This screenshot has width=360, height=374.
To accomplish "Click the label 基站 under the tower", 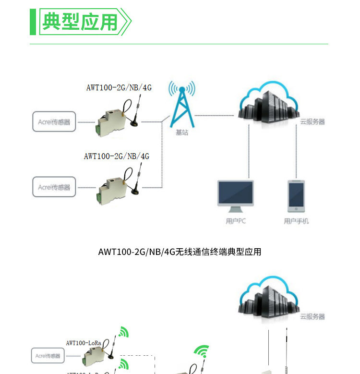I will (182, 132).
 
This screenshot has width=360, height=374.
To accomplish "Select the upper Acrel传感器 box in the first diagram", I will (54, 122).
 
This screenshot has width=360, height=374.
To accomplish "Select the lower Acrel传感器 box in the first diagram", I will (54, 187).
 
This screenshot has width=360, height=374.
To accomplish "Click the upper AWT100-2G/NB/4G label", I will (119, 87).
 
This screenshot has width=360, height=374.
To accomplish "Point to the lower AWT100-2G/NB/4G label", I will (116, 156).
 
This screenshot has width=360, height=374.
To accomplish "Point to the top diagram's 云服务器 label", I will (312, 122).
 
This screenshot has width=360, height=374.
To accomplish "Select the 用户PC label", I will (236, 221).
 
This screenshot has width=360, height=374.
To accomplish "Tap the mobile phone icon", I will (296, 196).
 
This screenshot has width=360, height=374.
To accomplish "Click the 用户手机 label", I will (296, 221).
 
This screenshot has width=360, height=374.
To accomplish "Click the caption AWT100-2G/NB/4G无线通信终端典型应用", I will (180, 252).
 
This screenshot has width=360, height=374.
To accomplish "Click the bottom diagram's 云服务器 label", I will (312, 316).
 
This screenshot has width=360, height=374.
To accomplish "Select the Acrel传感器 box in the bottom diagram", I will (48, 356).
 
